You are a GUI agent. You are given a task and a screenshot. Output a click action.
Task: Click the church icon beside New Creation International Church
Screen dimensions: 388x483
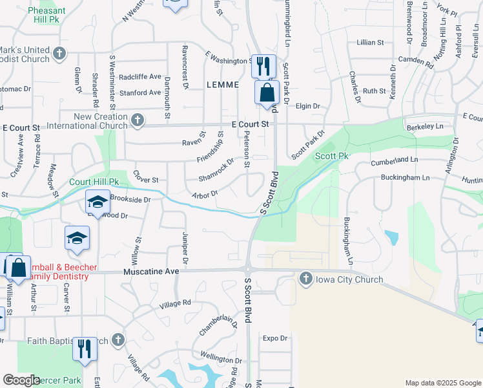(x=137, y=120)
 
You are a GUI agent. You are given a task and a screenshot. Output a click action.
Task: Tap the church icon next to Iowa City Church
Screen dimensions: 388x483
(x=307, y=279)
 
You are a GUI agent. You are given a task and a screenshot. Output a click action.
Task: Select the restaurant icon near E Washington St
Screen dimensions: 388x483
(x=263, y=66)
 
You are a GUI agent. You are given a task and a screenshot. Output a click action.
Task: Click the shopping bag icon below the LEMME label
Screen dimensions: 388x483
(x=267, y=92)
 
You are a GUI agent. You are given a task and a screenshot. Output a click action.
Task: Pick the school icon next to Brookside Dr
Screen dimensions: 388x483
(x=98, y=204)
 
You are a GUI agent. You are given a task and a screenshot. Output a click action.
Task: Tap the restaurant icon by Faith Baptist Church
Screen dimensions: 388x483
(x=85, y=349)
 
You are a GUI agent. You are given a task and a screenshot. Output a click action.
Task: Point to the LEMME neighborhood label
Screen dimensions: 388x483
(x=223, y=85)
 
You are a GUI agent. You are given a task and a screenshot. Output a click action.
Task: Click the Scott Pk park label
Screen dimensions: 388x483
(x=332, y=156)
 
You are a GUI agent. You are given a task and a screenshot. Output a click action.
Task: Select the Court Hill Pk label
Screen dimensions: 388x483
(x=95, y=182)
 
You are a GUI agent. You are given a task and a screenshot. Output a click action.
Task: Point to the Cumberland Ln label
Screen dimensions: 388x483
(x=395, y=159)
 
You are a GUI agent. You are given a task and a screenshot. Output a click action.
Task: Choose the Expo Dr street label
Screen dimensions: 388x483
(x=274, y=338)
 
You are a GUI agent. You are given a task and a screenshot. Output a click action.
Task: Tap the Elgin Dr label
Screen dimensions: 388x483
(x=308, y=106)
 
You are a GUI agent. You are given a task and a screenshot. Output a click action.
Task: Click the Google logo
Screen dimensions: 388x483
(x=21, y=380)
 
